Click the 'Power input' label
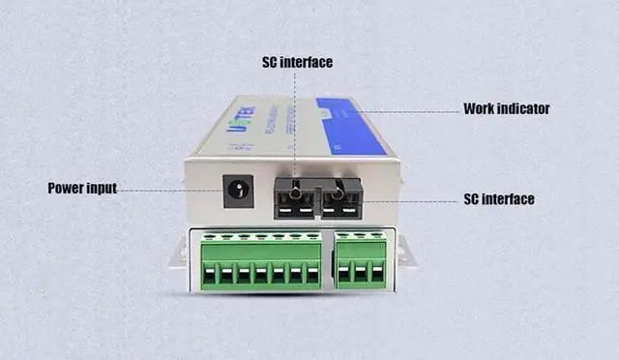pos(82,188)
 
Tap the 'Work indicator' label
pos(506,108)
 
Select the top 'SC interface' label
pos(297,62)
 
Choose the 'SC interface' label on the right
pos(499,199)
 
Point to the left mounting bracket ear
pos(177,255)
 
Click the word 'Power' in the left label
pos(69,188)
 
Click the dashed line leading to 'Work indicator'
pos(406,111)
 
